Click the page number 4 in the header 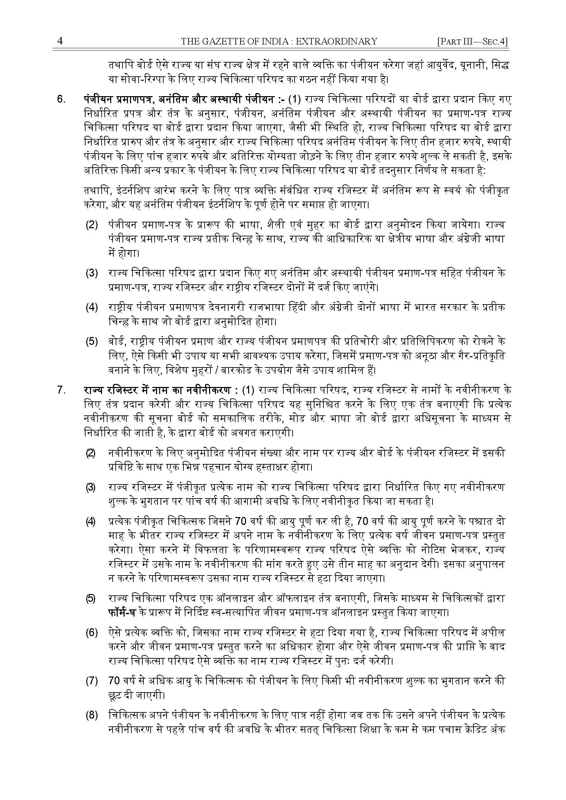click(60, 41)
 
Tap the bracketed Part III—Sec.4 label click(472, 42)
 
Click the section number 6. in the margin click(62, 99)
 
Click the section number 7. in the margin click(62, 390)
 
